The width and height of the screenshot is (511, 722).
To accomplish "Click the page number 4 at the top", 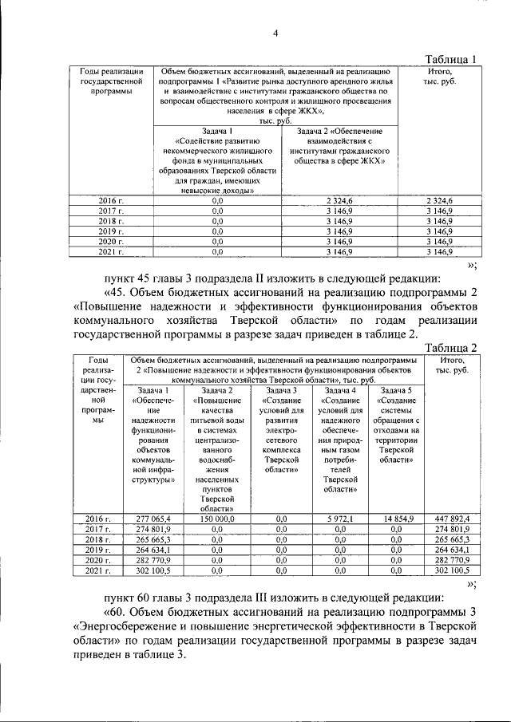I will click(x=275, y=34).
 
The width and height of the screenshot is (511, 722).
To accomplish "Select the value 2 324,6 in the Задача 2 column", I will click(x=335, y=199).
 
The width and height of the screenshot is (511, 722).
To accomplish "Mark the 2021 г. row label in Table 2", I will click(x=97, y=570).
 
